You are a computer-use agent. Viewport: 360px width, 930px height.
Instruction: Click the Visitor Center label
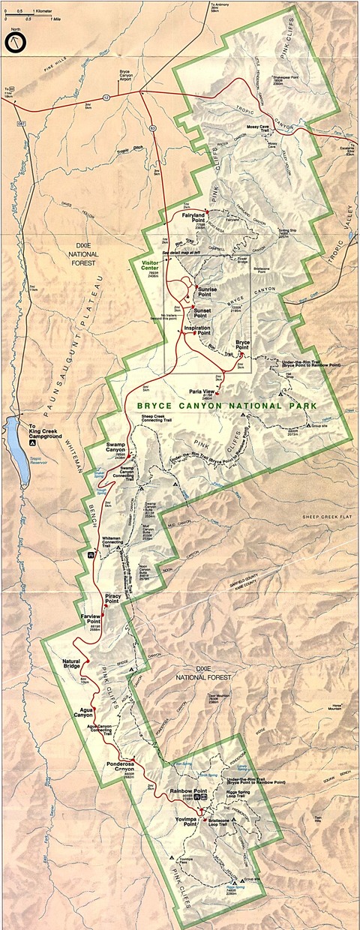[156, 267]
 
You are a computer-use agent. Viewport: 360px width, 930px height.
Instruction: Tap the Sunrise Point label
[208, 289]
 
